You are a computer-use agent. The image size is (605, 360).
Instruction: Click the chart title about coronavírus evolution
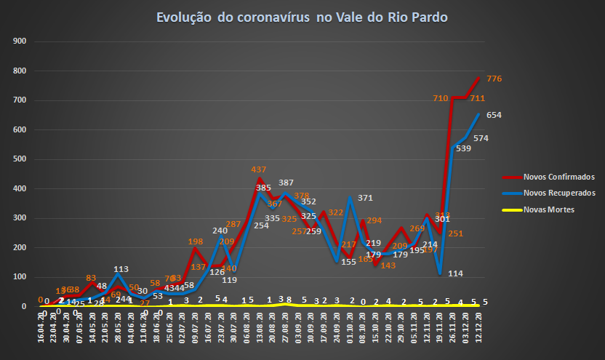[302, 17]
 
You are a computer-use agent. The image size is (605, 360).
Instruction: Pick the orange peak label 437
[259, 169]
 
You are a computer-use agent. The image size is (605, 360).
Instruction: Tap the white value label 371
[365, 198]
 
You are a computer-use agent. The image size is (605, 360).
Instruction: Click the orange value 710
[440, 98]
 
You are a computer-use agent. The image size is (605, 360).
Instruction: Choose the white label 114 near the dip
[456, 273]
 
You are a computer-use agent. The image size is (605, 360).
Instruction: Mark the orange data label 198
[195, 241]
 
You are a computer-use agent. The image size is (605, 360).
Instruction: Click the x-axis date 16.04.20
[41, 322]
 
